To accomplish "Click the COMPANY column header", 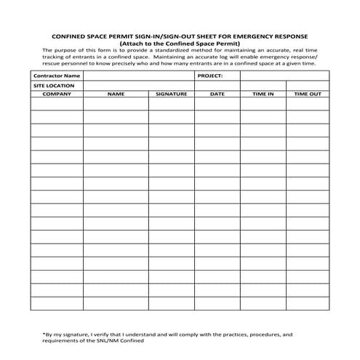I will (57, 95).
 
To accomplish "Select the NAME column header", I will (116, 95).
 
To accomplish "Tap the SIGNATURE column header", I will (172, 95).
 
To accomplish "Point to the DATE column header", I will (217, 95).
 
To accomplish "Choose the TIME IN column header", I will (263, 95).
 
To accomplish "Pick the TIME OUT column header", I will (308, 95).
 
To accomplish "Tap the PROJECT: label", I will (210, 76).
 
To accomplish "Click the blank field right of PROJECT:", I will (284, 76).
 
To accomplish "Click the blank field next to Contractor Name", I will (139, 76).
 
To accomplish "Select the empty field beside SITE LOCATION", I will (139, 86).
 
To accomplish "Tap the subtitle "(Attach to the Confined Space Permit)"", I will (180, 42).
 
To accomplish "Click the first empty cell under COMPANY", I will (57, 104).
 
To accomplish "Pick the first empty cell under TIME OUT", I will (308, 104).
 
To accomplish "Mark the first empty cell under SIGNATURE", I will (172, 104).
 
